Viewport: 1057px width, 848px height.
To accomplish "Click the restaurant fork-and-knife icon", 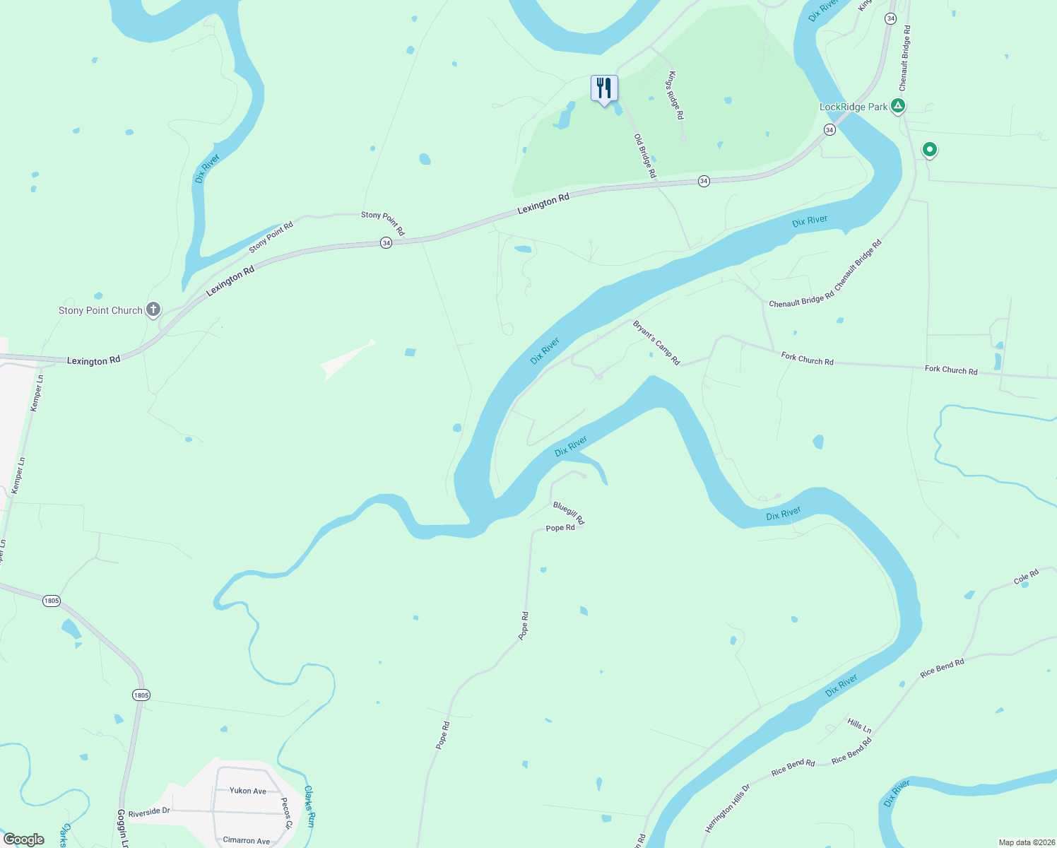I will tap(603, 88).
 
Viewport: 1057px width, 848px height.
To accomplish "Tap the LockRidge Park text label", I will tap(853, 107).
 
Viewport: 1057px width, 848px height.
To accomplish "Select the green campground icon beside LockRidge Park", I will tap(897, 107).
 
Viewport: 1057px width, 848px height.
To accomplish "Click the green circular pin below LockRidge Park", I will tap(930, 150).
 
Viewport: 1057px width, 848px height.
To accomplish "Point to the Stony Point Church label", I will tap(100, 310).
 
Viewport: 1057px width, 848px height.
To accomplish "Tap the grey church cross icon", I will tap(153, 310).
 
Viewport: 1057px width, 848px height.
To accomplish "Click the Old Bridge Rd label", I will tap(645, 155).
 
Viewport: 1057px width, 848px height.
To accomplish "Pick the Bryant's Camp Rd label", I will tap(656, 343).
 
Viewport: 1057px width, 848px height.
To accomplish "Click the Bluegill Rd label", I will tap(569, 513).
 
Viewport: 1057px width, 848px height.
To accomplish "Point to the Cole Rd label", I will tap(1026, 577).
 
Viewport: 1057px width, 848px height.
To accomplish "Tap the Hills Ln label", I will tap(859, 726).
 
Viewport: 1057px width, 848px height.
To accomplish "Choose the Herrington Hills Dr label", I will tap(727, 808).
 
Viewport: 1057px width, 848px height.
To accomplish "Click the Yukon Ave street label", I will tap(248, 791).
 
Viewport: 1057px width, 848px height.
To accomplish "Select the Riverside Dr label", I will tap(149, 812).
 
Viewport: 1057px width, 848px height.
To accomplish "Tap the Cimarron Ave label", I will tap(247, 840).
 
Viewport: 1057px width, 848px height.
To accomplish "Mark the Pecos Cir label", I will tap(286, 813).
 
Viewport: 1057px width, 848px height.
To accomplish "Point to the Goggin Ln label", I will tap(123, 829).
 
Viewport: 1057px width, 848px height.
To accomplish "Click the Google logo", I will tap(24, 840).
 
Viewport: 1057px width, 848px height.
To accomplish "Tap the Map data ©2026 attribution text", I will tap(1024, 842).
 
